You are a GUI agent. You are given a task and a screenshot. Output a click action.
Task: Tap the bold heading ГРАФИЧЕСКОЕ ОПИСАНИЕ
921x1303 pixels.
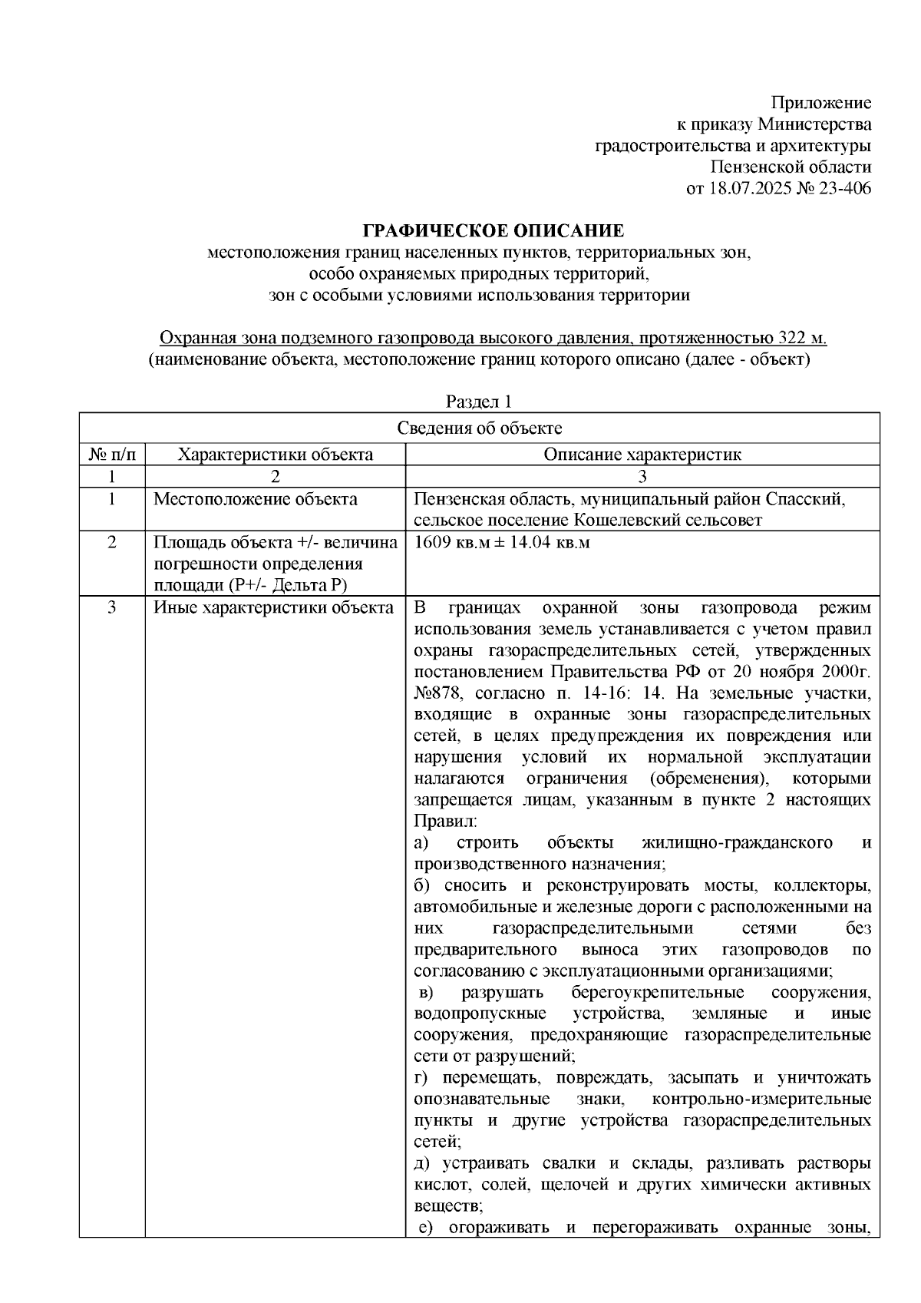tap(493, 231)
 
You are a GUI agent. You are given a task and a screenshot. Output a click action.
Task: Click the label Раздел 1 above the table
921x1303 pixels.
tap(478, 402)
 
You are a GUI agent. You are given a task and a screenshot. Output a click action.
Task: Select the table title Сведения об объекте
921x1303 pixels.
tap(479, 428)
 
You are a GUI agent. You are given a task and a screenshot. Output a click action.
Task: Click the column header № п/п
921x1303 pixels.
tap(112, 454)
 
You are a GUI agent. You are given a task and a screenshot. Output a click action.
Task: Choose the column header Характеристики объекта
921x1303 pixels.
tap(275, 454)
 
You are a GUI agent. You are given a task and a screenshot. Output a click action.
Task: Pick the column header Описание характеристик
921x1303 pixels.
tap(642, 454)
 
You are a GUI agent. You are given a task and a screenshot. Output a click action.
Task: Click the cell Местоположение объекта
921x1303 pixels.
tap(256, 499)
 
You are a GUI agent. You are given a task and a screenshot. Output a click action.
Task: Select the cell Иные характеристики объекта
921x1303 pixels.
tap(274, 608)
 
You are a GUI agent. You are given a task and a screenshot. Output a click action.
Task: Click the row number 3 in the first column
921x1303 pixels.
tap(112, 608)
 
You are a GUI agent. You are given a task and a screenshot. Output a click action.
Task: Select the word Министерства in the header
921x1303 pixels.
tap(814, 124)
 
